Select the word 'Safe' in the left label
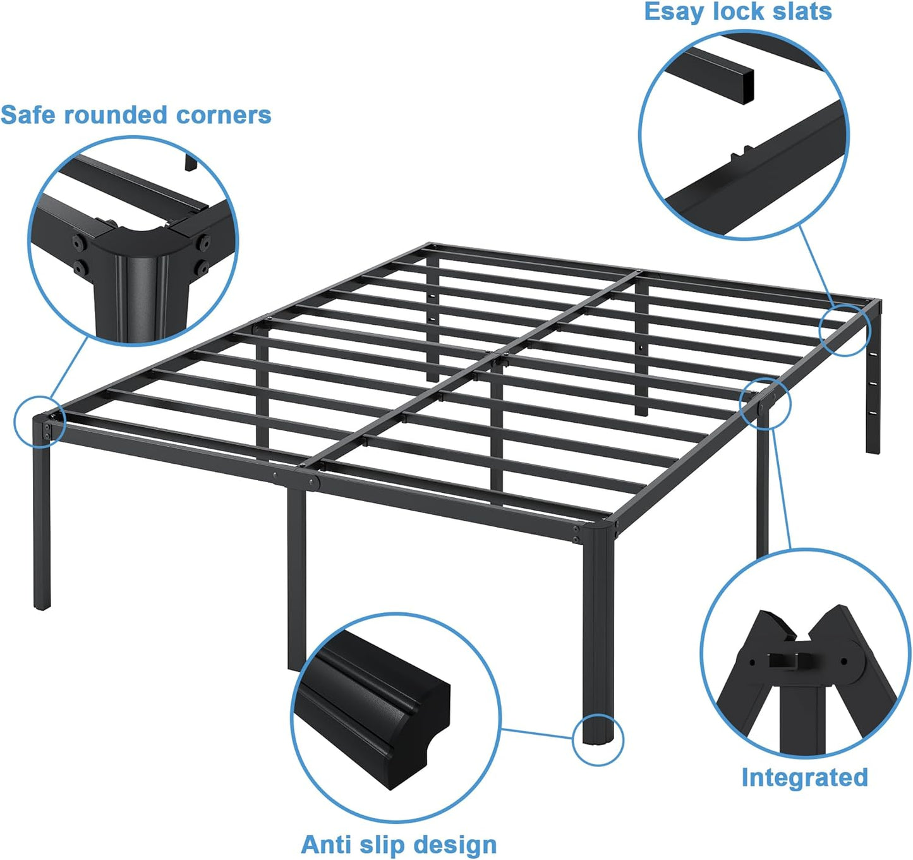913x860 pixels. coord(27,115)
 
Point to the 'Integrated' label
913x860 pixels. coord(804,777)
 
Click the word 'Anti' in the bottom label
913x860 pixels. coord(327,844)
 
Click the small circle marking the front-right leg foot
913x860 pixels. coord(598,739)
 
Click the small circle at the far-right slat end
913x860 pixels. coord(845,330)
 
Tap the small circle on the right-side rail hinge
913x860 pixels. coord(765,404)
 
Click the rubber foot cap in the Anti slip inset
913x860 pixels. coord(379,714)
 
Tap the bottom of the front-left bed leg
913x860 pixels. coord(42,605)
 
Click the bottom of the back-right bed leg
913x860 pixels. coord(873,449)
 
